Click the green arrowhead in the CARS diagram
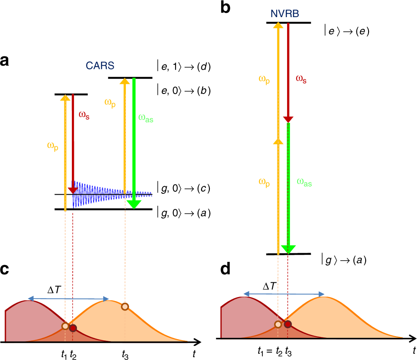click(133, 204)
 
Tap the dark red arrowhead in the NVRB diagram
click(287, 119)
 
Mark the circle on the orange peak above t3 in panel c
click(125, 307)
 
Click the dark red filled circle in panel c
click(73, 328)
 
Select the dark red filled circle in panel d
click(287, 324)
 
